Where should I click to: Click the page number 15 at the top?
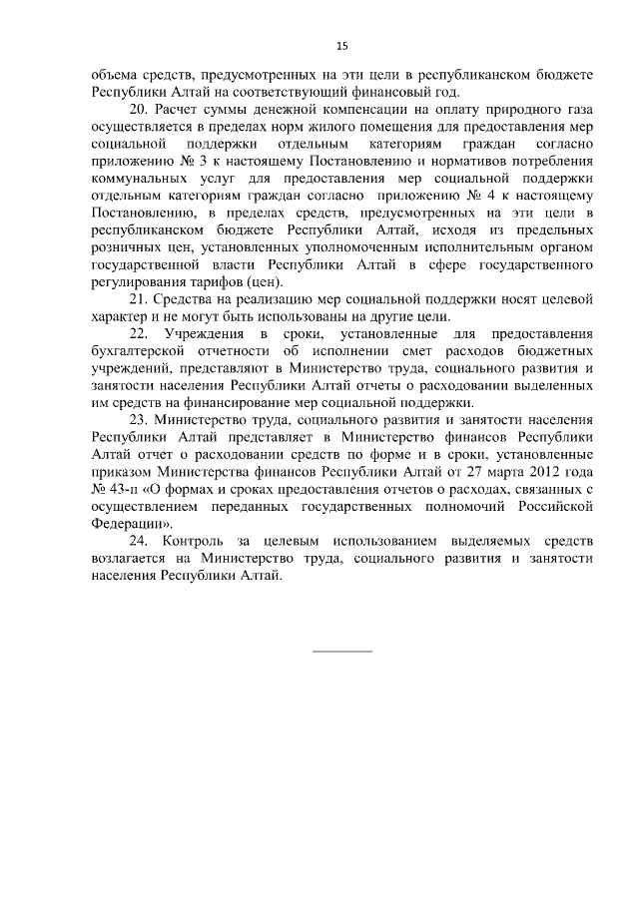coord(342,46)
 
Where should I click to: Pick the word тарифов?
coord(207,282)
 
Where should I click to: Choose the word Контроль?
coord(209,540)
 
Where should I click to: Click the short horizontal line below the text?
coord(342,652)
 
